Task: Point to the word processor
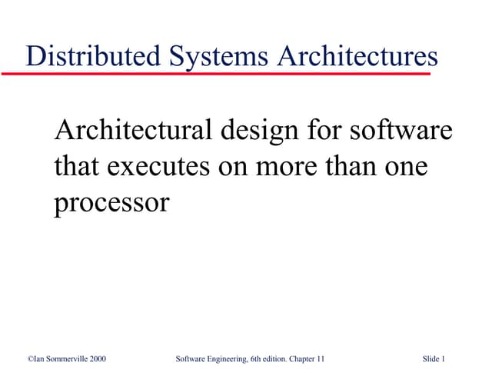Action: click(111, 203)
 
